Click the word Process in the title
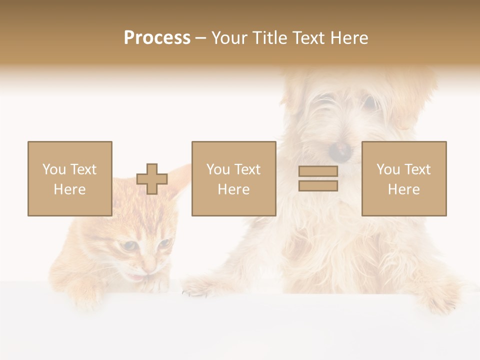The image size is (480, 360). [157, 38]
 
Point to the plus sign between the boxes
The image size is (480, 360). [152, 179]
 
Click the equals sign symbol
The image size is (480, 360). [318, 178]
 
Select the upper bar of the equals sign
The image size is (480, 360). [318, 171]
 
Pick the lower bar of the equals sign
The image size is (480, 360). [318, 185]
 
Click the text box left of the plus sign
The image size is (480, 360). [69, 178]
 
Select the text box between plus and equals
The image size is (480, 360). [233, 178]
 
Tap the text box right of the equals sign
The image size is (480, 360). [403, 178]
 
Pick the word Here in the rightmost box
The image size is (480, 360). [403, 189]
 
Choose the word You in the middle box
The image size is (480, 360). [218, 169]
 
